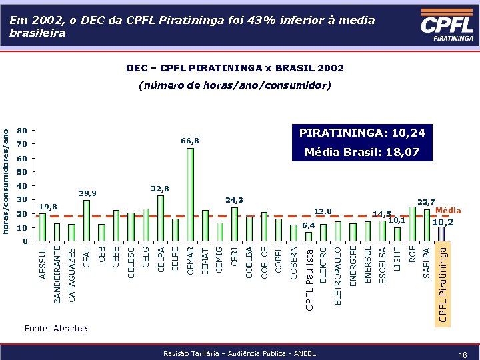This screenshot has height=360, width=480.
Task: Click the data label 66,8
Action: coord(190,141)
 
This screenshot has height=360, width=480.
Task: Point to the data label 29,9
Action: coord(87,193)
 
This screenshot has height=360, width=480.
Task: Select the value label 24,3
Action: coord(235,199)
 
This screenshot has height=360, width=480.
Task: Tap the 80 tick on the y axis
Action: coord(21,131)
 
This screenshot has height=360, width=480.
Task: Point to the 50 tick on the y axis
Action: coord(21,172)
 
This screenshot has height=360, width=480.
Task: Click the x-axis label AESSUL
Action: coord(43,263)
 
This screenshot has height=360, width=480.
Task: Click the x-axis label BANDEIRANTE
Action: coord(57,274)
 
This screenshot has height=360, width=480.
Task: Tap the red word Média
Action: coord(448,211)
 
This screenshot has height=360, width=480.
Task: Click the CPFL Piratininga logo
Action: coord(447,28)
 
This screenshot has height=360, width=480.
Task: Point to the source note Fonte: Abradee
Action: coord(55,329)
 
